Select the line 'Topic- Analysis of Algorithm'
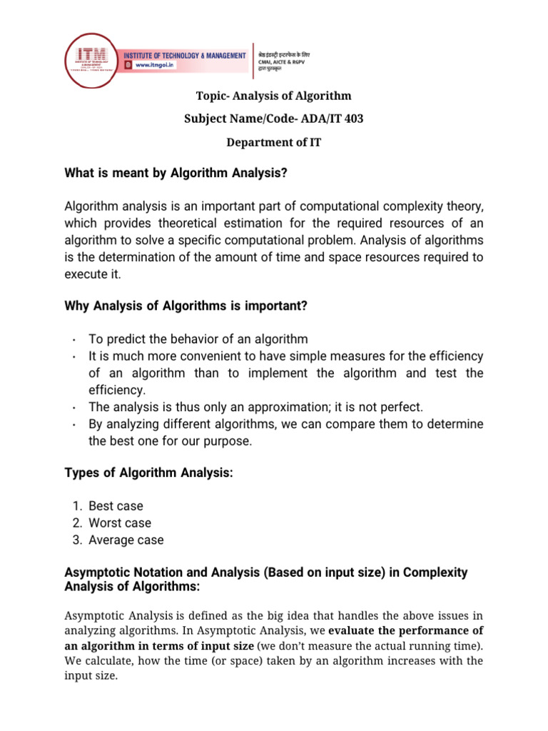274,96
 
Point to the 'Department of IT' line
274,142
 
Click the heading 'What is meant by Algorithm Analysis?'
177,172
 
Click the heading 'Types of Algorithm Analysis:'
149,472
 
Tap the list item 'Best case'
116,505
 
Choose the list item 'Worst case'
118,523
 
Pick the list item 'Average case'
126,540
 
